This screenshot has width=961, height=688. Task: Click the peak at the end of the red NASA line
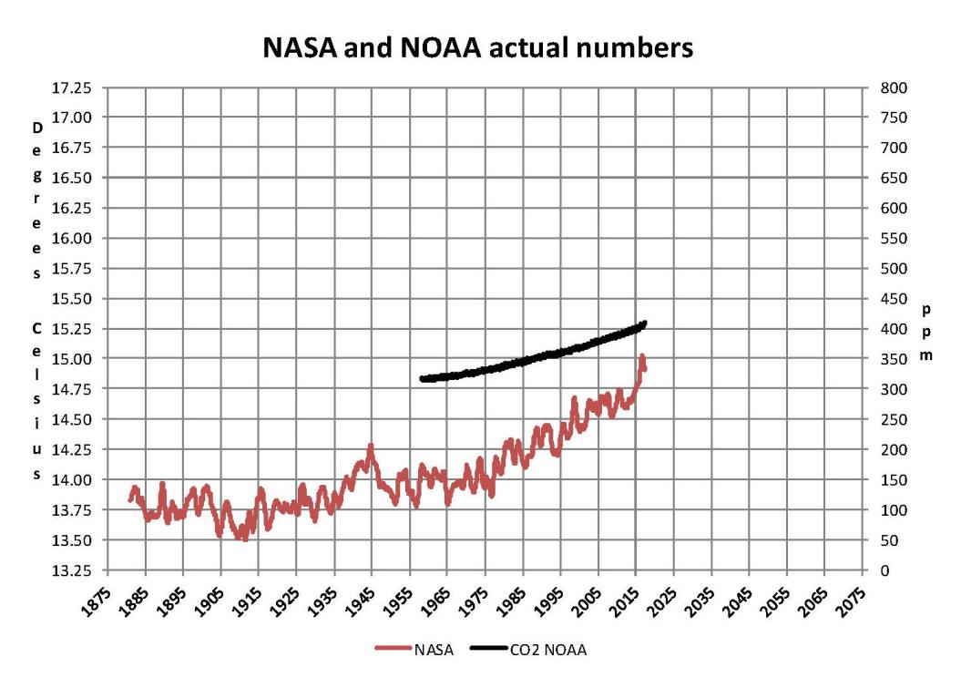point(642,355)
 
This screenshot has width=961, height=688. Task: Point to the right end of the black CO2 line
point(644,323)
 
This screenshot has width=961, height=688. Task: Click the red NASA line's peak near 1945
point(371,447)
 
